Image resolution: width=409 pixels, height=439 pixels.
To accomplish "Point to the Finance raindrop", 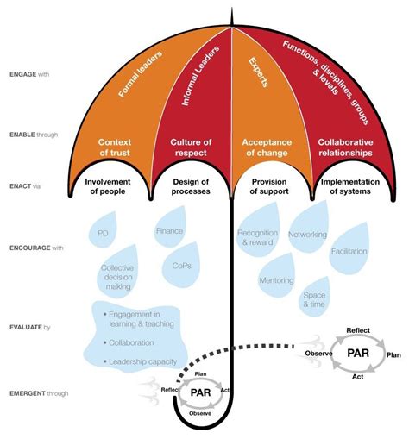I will [x=170, y=231].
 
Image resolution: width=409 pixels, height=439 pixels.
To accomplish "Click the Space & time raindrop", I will [x=313, y=299].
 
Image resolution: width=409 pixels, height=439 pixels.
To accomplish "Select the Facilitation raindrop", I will [x=349, y=252].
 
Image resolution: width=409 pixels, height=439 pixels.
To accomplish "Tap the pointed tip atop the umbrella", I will [x=232, y=11].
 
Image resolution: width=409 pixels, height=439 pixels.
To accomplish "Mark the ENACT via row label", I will [x=25, y=185].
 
